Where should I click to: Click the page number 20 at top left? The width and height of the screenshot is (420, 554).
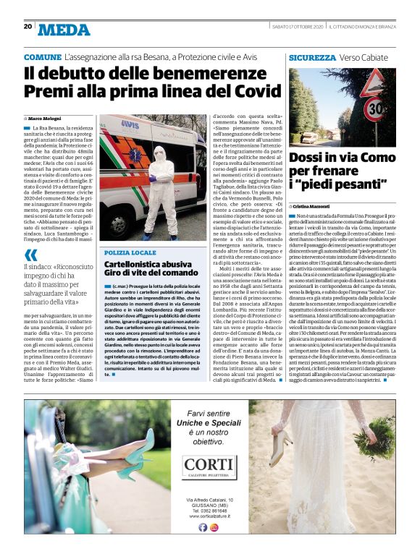(28, 26)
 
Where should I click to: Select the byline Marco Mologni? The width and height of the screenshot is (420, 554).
(47, 117)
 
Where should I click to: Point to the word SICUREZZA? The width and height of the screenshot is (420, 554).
(312, 56)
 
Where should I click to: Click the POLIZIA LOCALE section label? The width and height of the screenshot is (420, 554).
(130, 252)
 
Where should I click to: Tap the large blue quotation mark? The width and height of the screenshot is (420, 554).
(31, 254)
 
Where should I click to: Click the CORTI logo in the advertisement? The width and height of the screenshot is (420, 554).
(209, 464)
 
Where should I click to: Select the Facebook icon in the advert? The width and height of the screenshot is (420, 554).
(203, 527)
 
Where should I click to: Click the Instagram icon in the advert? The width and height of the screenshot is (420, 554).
(214, 527)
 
